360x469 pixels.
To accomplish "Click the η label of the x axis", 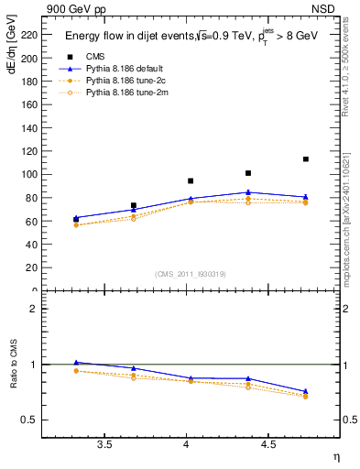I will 334,456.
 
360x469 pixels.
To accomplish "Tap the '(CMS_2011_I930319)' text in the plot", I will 191,274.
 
